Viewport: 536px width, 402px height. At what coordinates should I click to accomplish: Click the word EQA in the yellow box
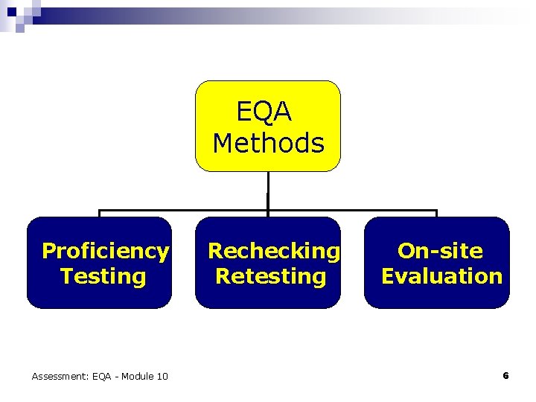tap(264, 112)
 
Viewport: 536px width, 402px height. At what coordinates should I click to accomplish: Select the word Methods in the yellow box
tap(268, 142)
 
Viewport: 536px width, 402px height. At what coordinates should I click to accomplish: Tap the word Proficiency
tap(105, 251)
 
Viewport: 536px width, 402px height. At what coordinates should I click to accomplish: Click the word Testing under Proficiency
tap(103, 276)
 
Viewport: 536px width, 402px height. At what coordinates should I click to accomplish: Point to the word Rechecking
tap(273, 251)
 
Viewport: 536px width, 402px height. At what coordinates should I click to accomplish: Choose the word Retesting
tap(271, 276)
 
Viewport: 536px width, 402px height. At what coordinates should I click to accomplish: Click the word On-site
tap(440, 251)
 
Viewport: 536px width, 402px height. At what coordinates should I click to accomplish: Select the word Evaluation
tap(441, 276)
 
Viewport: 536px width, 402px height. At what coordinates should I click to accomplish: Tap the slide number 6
tap(505, 376)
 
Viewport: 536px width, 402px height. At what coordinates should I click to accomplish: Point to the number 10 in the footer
tap(161, 377)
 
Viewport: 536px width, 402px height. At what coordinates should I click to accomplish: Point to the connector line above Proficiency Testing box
tap(99, 214)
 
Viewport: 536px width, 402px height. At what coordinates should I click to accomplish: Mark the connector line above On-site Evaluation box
tap(437, 214)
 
